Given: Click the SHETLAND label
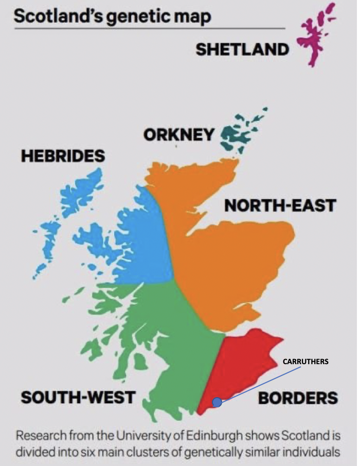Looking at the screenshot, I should pos(242,50).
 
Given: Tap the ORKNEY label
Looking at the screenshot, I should pos(179,135).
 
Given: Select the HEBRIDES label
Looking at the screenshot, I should pos(63,155).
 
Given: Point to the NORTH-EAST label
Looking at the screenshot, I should pos(280,205).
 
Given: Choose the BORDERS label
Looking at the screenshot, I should pos(298,398).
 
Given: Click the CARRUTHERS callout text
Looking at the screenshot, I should pos(305,362).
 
